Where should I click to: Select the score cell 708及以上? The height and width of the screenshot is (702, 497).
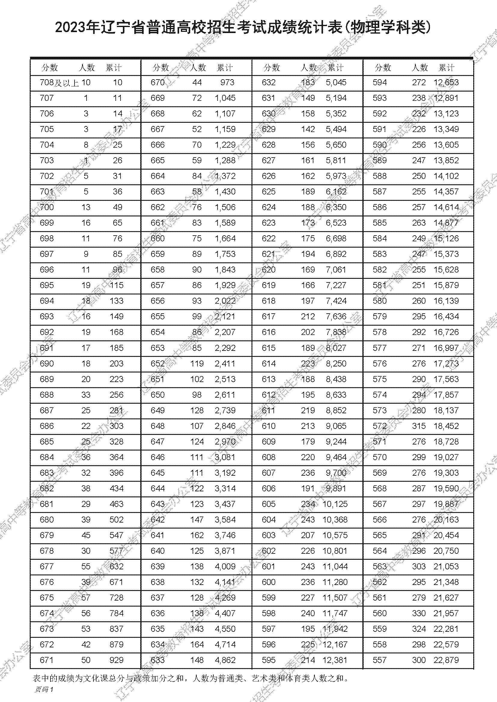(59, 83)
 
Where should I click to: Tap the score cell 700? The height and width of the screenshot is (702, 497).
(47, 207)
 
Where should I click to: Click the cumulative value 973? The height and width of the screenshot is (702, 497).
(227, 83)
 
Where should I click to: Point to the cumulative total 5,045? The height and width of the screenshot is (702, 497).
(336, 83)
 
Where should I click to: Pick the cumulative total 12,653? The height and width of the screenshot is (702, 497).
(446, 83)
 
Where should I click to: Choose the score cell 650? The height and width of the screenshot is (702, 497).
(158, 395)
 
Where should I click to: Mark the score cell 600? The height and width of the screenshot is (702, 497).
(269, 582)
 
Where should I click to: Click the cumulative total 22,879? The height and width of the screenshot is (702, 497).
(446, 660)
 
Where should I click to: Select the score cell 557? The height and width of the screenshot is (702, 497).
(380, 660)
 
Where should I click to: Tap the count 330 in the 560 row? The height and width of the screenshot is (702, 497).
(419, 613)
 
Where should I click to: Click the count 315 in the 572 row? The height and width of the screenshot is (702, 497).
(419, 426)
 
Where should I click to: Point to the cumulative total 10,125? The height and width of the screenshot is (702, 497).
(335, 504)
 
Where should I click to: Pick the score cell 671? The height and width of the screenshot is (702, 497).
(47, 660)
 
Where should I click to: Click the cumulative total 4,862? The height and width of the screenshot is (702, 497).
(225, 660)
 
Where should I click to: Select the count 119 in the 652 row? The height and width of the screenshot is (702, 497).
(197, 363)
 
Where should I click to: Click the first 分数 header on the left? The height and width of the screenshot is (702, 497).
(50, 68)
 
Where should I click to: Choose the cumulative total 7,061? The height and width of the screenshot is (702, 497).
(336, 270)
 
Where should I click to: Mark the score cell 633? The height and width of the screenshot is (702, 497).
(158, 660)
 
